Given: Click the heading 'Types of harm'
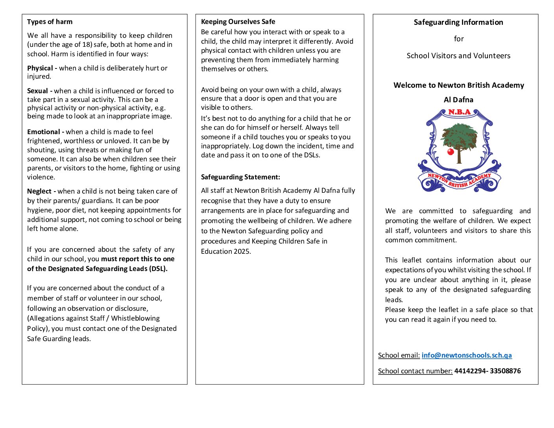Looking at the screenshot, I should pyautogui.click(x=50, y=22).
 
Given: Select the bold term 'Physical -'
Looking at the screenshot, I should pyautogui.click(x=42, y=68).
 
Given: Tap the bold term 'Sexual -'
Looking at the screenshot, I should pyautogui.click(x=40, y=91).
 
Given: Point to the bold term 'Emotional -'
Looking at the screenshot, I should pyautogui.click(x=46, y=132).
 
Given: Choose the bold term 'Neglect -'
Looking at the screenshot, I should pyautogui.click(x=41, y=191).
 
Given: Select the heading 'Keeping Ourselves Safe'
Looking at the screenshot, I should pyautogui.click(x=238, y=22).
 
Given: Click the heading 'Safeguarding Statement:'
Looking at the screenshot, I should pyautogui.click(x=240, y=177).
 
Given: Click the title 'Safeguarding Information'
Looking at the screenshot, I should pyautogui.click(x=458, y=22).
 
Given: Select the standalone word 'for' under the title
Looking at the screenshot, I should pyautogui.click(x=459, y=39).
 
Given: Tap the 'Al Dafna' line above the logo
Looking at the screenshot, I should pyautogui.click(x=458, y=100).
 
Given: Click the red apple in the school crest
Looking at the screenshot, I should pyautogui.click(x=451, y=151).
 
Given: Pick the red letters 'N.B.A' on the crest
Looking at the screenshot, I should pyautogui.click(x=459, y=112).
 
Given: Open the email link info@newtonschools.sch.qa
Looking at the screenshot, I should pyautogui.click(x=467, y=355).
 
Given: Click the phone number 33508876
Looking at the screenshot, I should pyautogui.click(x=505, y=371).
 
